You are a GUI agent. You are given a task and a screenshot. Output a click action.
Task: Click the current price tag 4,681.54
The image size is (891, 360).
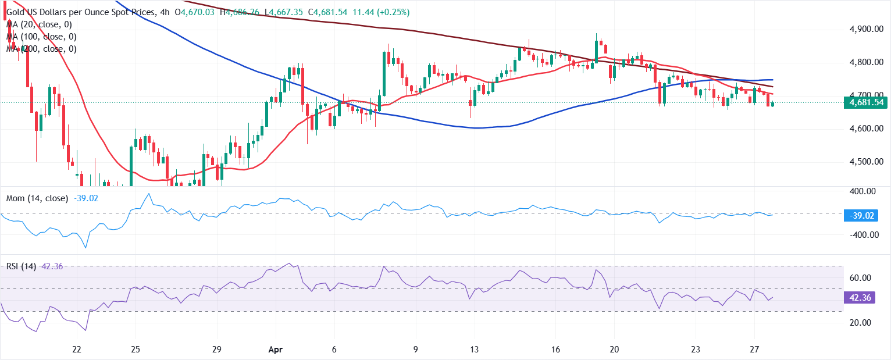coord(867,103)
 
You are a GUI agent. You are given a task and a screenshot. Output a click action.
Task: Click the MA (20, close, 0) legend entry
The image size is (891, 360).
coord(40,24)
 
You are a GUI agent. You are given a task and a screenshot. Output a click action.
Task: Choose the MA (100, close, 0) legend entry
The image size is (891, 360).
coord(42,37)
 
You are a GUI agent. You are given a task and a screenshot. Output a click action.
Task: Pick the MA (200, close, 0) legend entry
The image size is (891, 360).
coord(42,49)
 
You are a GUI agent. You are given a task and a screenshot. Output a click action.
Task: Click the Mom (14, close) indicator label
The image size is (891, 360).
coord(37,198)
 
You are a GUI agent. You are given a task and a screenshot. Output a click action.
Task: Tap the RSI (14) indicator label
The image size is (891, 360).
coord(22,266)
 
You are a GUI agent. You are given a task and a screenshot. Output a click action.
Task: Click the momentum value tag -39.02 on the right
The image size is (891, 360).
coord(866,215)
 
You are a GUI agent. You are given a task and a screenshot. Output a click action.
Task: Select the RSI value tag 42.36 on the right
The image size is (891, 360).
coord(866,297)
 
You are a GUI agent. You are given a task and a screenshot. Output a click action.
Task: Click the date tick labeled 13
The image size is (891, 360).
coord(475,350)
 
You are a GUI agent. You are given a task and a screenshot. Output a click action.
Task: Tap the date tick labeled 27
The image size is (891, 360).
coord(754,350)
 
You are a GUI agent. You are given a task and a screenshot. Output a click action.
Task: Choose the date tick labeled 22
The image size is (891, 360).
coord(76,350)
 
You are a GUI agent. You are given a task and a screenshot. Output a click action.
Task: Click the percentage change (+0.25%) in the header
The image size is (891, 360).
coord(393,12)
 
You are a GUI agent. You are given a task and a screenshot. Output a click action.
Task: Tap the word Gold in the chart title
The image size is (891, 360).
coord(17,12)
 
